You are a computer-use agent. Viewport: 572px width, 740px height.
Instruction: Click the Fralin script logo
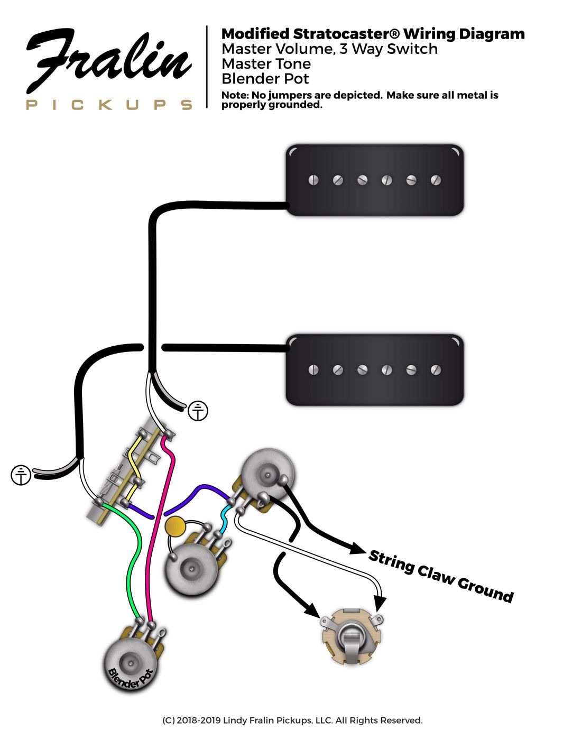pos(108,61)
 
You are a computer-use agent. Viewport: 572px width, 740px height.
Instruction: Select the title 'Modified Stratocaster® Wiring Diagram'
pos(373,34)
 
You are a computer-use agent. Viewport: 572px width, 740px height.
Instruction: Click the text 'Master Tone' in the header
pos(266,64)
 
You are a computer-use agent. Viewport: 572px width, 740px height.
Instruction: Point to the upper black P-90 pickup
pos(374,180)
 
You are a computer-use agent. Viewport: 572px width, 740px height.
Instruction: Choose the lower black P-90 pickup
pos(374,369)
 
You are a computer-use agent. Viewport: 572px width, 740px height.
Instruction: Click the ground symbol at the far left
pos(21,475)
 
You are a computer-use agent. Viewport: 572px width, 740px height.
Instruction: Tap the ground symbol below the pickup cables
pos(198,411)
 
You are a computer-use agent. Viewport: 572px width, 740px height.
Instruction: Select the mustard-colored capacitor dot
pos(175,526)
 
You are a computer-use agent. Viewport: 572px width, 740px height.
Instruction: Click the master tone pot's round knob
pos(190,569)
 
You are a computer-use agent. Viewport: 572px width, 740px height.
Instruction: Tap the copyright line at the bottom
pos(292,720)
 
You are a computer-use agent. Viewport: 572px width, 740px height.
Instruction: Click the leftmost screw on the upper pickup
pos(313,180)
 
